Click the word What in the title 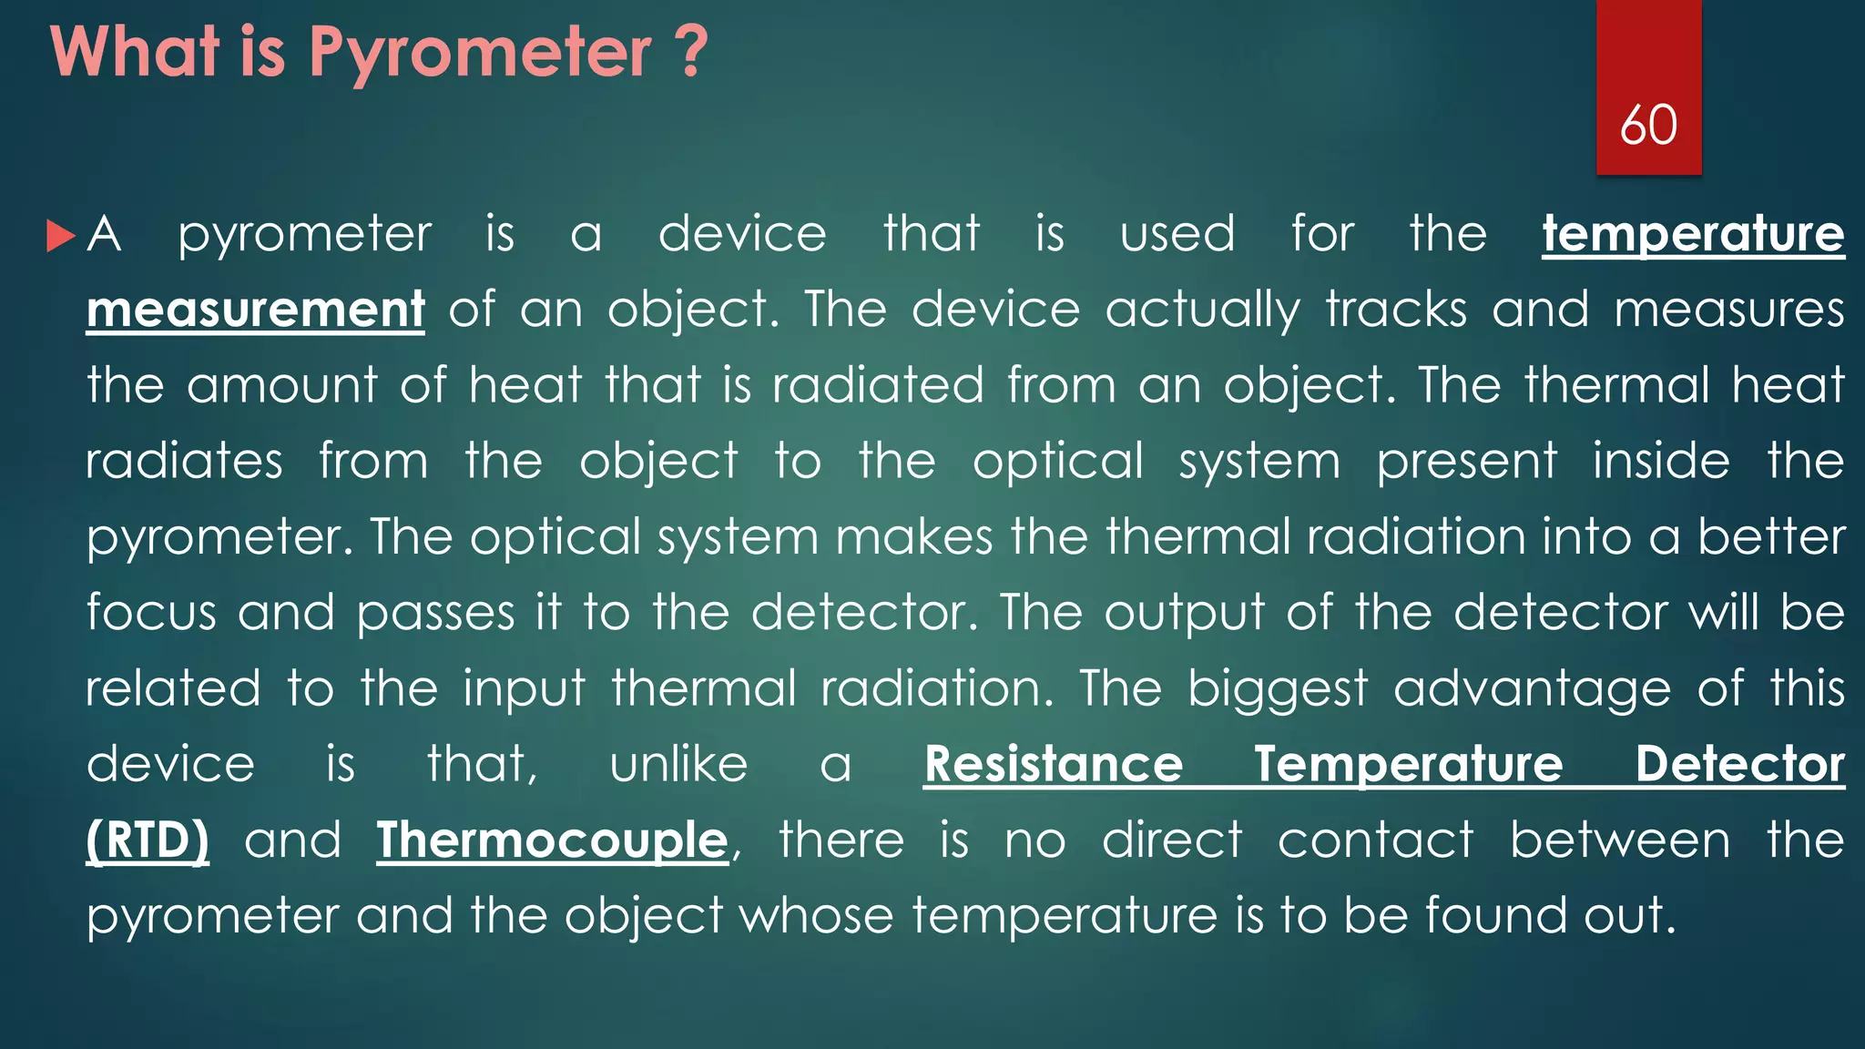[135, 52]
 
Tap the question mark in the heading [692, 52]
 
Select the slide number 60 [1648, 125]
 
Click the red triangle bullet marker [60, 236]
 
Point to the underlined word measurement [255, 310]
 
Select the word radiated [878, 385]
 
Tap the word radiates [184, 461]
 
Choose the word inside [1661, 461]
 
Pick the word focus [151, 612]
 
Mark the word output [1185, 614]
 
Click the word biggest [1278, 689]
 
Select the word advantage [1532, 689]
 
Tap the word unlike [678, 764]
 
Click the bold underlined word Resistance [1054, 764]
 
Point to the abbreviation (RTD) [148, 840]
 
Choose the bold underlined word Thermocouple [553, 840]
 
